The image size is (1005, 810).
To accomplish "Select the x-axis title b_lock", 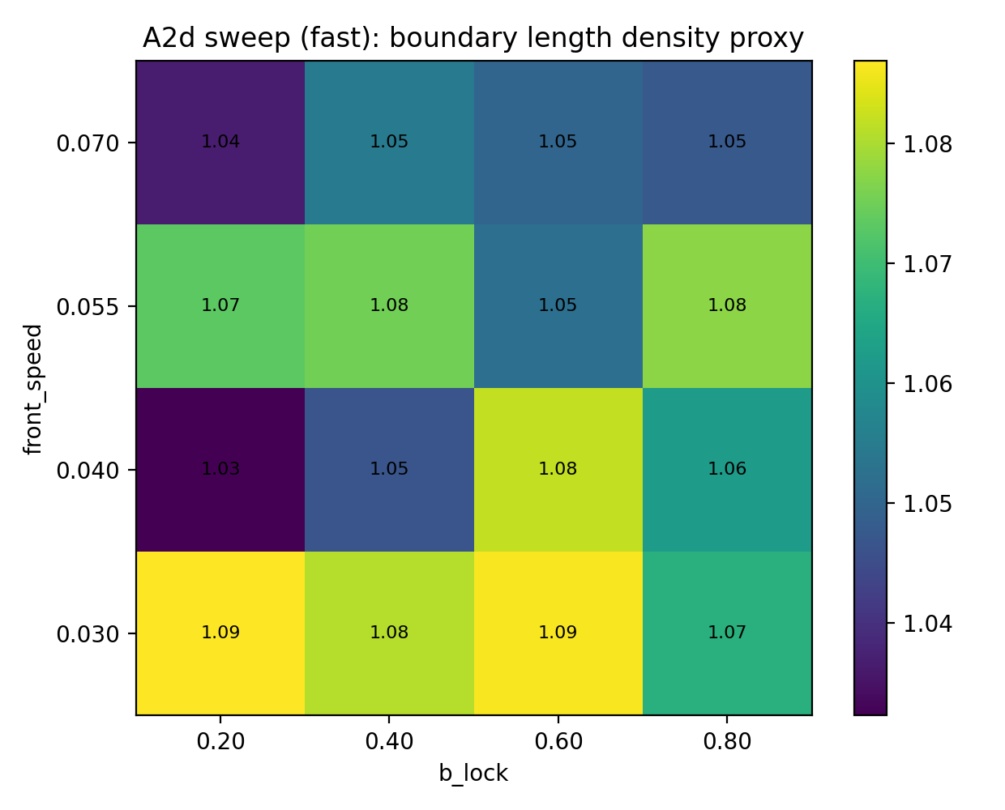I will click(x=473, y=774).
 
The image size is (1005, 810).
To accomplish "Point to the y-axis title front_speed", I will click(x=33, y=389).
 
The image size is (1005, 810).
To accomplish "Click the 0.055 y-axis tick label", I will click(x=87, y=307).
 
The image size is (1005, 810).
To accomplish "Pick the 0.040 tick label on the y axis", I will click(x=87, y=470).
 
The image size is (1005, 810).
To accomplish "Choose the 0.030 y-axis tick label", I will click(x=87, y=633).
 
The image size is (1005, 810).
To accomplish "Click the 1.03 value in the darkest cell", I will click(x=220, y=469).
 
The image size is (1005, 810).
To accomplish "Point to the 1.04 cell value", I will click(x=220, y=142).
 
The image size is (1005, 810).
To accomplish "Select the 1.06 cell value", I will click(x=727, y=469).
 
